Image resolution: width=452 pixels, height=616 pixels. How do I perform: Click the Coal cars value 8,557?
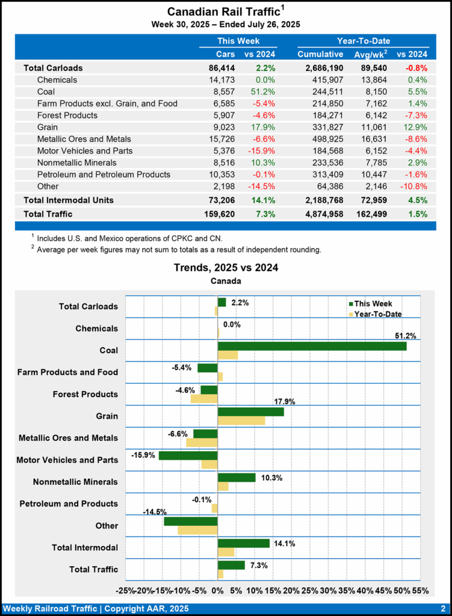click(222, 91)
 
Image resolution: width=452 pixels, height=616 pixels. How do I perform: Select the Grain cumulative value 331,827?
click(320, 127)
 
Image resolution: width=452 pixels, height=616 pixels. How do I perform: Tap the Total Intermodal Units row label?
click(69, 200)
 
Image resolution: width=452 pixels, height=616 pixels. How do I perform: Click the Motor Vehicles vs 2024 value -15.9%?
click(261, 150)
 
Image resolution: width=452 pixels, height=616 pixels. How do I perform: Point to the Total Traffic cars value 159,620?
click(218, 214)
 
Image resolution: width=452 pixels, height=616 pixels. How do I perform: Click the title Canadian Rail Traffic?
click(223, 11)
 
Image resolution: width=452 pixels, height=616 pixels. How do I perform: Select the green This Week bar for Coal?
click(312, 346)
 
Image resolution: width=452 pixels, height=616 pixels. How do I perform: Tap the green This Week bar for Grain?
click(250, 412)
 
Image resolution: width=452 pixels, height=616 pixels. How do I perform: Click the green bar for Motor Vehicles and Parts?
click(188, 455)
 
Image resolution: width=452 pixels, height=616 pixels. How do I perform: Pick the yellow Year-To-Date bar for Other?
click(197, 530)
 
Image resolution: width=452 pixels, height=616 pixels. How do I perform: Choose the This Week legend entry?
click(370, 304)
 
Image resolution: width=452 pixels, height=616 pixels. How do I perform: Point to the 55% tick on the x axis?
click(421, 591)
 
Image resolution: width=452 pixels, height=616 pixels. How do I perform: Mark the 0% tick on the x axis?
click(218, 591)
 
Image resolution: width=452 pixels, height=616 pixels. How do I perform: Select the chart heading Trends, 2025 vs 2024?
click(226, 267)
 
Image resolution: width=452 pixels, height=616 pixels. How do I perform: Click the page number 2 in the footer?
click(442, 608)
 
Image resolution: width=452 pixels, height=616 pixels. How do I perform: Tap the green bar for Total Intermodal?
click(243, 543)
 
